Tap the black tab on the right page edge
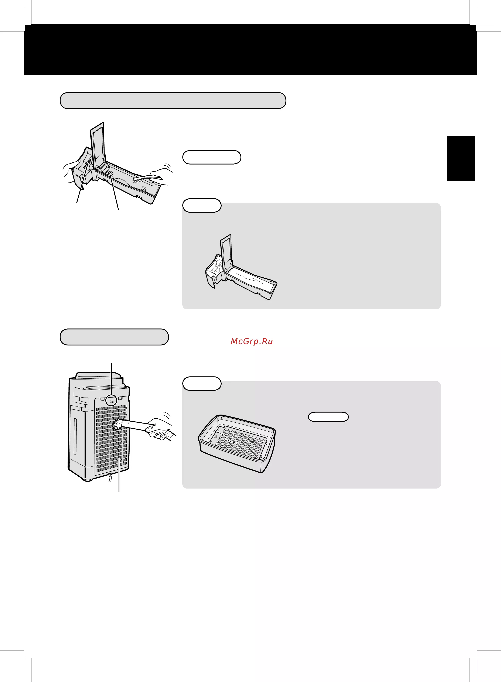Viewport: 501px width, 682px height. pyautogui.click(x=461, y=158)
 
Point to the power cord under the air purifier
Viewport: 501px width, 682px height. pyautogui.click(x=110, y=477)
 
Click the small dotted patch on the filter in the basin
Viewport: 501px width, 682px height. pyautogui.click(x=216, y=437)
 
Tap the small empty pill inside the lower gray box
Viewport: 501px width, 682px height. pyautogui.click(x=328, y=417)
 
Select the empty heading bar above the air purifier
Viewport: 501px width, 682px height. pyautogui.click(x=114, y=337)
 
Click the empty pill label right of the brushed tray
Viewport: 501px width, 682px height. pyautogui.click(x=212, y=157)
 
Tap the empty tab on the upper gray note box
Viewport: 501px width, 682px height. pyautogui.click(x=202, y=205)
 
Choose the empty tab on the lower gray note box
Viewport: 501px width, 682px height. pyautogui.click(x=202, y=384)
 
